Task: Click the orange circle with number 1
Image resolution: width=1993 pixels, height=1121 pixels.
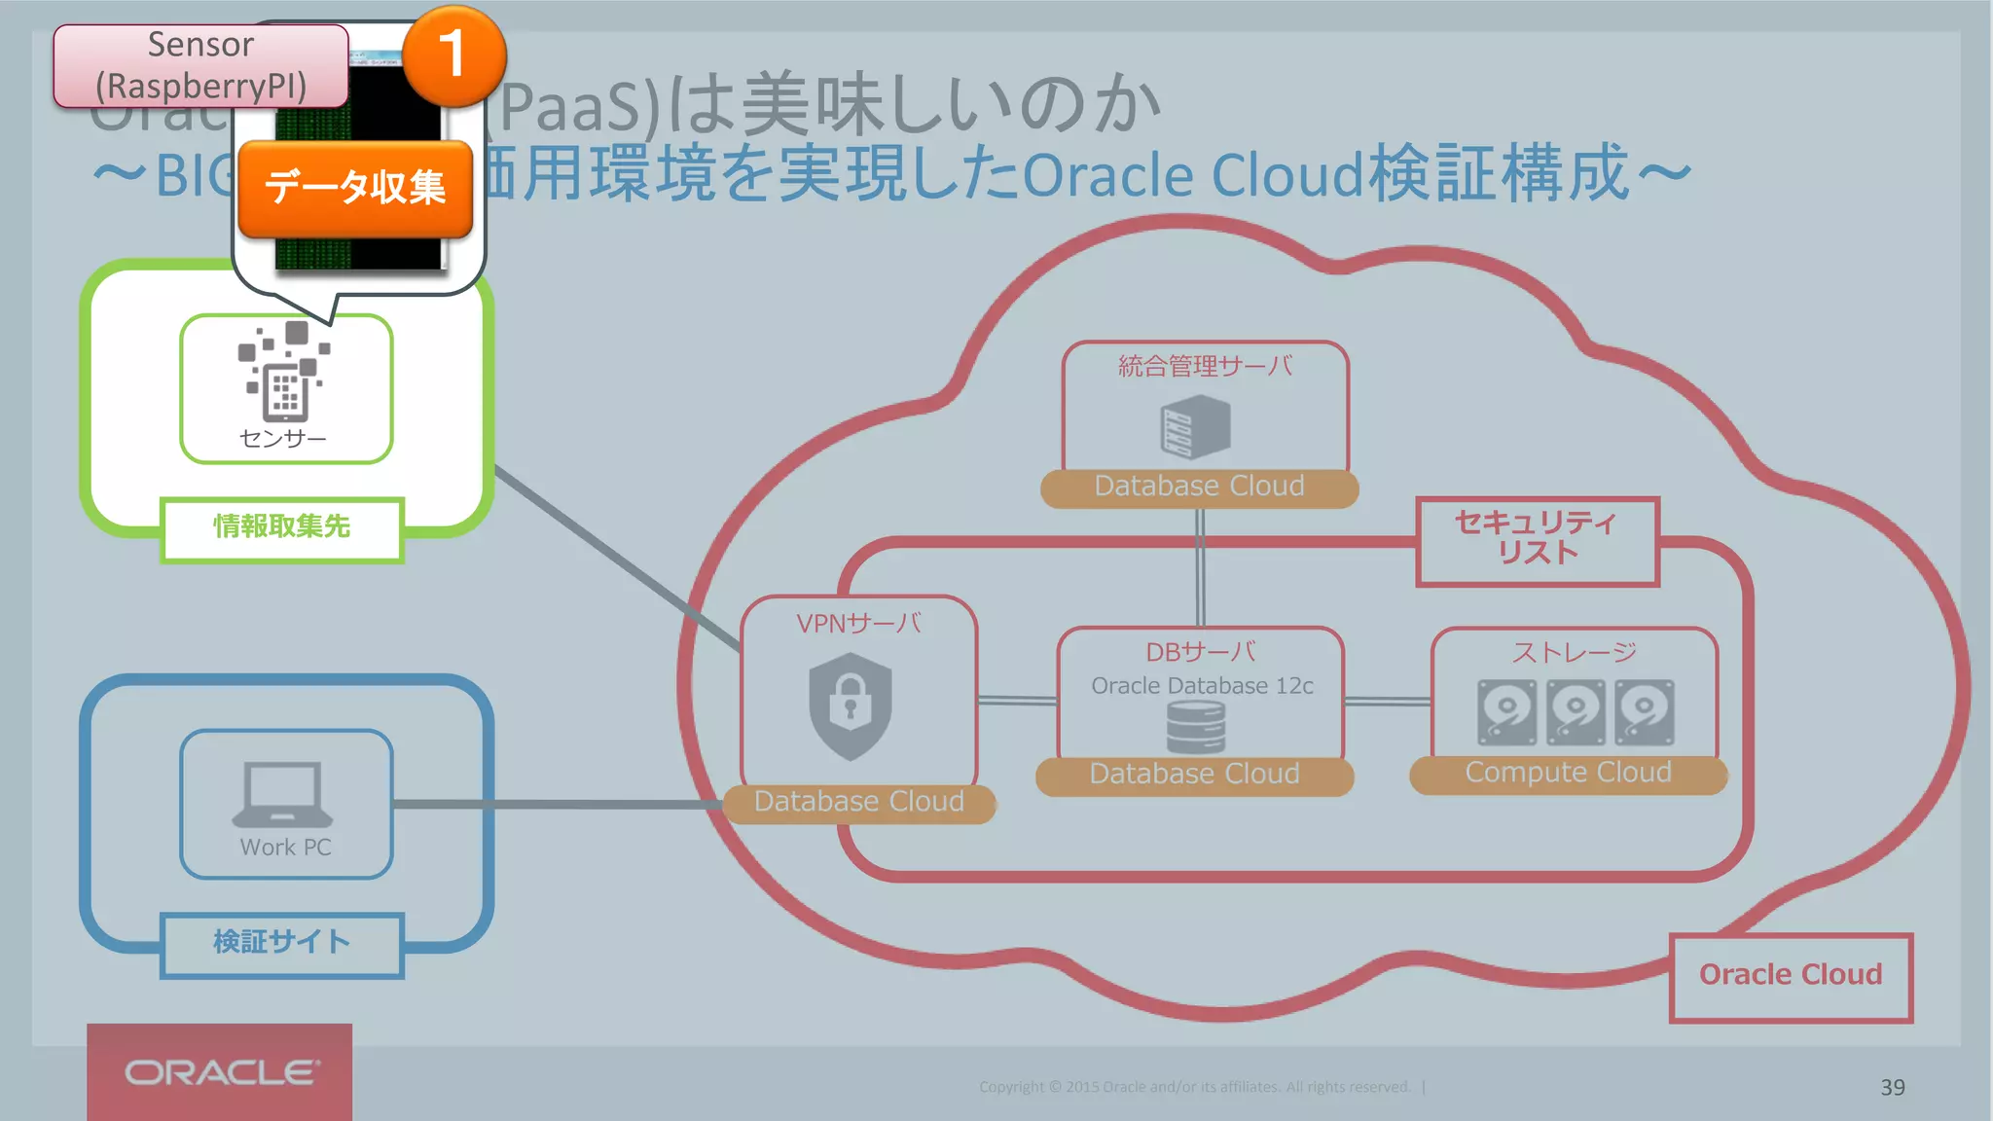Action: (x=453, y=55)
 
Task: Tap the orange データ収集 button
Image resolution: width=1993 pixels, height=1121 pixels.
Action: (x=355, y=188)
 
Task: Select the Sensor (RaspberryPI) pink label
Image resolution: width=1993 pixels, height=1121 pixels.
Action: (x=200, y=65)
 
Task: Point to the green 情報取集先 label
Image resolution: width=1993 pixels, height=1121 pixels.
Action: (x=282, y=528)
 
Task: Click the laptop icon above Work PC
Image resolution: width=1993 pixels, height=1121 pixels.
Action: (x=282, y=794)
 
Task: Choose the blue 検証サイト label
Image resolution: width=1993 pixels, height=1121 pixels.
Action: (x=282, y=943)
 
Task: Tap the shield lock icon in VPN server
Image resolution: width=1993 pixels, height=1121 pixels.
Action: (x=851, y=705)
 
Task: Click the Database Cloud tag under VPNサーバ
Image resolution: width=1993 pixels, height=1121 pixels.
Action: (x=859, y=803)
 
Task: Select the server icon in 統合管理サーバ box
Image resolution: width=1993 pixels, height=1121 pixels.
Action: (x=1195, y=428)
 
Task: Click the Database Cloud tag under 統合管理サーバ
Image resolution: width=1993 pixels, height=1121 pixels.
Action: (x=1199, y=487)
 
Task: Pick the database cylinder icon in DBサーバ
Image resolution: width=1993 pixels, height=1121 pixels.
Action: (x=1195, y=728)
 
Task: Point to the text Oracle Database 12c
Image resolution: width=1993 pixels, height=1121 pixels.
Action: (x=1202, y=686)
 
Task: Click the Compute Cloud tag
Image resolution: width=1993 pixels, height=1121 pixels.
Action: (x=1568, y=774)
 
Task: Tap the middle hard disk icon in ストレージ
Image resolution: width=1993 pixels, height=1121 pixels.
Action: (x=1576, y=712)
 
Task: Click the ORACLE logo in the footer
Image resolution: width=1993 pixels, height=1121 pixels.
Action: (x=220, y=1072)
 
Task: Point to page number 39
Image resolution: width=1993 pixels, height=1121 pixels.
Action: (x=1892, y=1088)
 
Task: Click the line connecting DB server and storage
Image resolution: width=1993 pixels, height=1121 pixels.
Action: (x=1387, y=701)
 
